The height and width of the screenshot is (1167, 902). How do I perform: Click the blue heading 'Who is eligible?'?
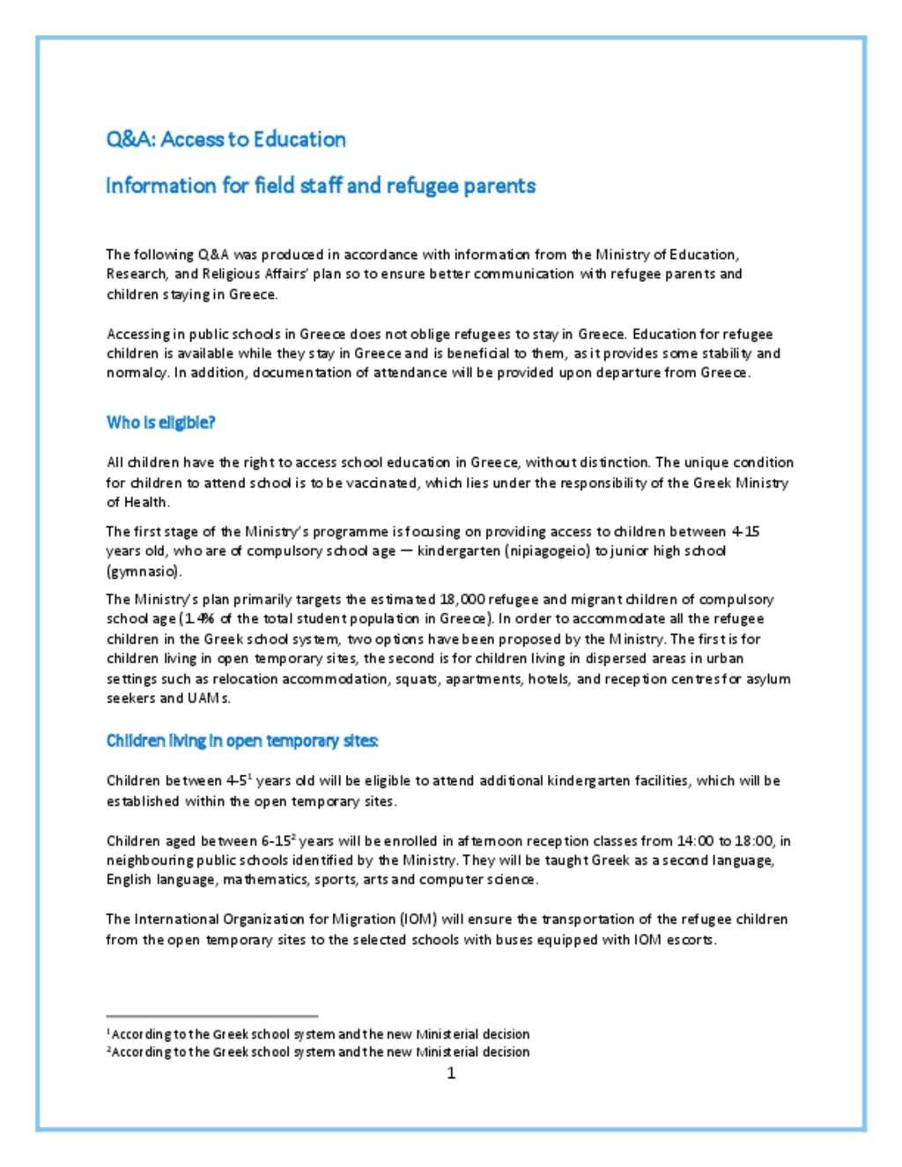tap(160, 422)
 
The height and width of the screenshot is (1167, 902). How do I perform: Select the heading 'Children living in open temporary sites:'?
tap(242, 741)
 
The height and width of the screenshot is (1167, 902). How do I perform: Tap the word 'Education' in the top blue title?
tap(299, 139)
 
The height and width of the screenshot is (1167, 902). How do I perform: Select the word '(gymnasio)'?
tap(143, 571)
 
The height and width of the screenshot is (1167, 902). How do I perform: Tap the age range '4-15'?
tap(745, 531)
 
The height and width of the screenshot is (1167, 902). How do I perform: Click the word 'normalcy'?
tap(137, 373)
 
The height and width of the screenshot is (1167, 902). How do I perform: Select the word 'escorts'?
tap(691, 939)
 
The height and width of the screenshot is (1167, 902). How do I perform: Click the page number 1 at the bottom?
tap(451, 1073)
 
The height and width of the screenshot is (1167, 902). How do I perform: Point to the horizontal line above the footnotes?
tap(211, 1016)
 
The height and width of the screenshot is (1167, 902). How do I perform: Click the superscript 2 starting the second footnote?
tap(109, 1049)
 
